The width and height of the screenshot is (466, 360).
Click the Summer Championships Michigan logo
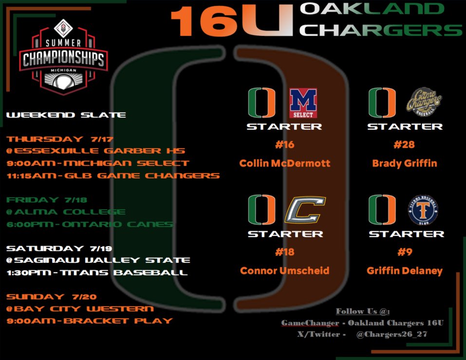click(63, 58)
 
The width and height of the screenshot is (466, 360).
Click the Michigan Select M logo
click(303, 103)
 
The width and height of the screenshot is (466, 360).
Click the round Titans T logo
click(424, 210)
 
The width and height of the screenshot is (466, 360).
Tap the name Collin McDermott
click(285, 163)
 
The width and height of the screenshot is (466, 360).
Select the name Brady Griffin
click(405, 163)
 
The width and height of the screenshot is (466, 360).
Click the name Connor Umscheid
click(285, 270)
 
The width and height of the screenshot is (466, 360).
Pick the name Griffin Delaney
click(406, 270)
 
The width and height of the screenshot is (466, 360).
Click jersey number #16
click(284, 144)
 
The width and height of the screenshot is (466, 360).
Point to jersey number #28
click(405, 144)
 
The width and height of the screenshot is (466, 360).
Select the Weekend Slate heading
click(66, 115)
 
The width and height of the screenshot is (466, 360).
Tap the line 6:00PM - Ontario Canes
click(90, 224)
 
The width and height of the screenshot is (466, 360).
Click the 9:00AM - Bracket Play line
click(90, 321)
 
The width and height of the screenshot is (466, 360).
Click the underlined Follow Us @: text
click(363, 311)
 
